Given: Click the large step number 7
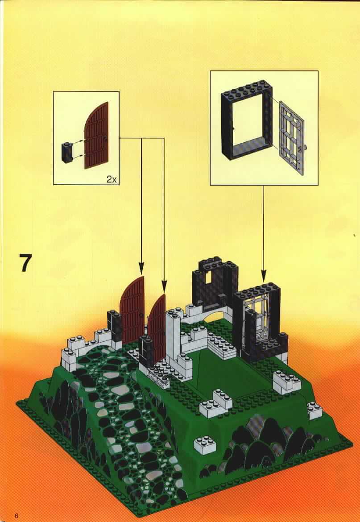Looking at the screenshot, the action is [x=26, y=263].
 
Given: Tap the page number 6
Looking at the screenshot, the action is [x=17, y=516].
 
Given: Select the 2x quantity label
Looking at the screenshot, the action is [x=112, y=179].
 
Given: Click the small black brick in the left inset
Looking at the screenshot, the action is [x=67, y=153].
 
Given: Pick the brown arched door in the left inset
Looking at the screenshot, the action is [x=96, y=136].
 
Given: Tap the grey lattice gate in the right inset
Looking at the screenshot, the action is [x=292, y=138].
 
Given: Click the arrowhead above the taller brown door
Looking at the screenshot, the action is [x=141, y=268].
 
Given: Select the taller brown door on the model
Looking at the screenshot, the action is [x=132, y=310].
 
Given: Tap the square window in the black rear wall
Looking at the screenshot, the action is [x=209, y=278].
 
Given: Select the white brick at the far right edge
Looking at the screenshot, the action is [x=314, y=410].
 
